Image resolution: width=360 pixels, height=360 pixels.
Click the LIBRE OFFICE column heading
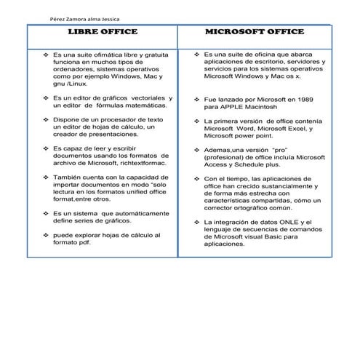(103, 33)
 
